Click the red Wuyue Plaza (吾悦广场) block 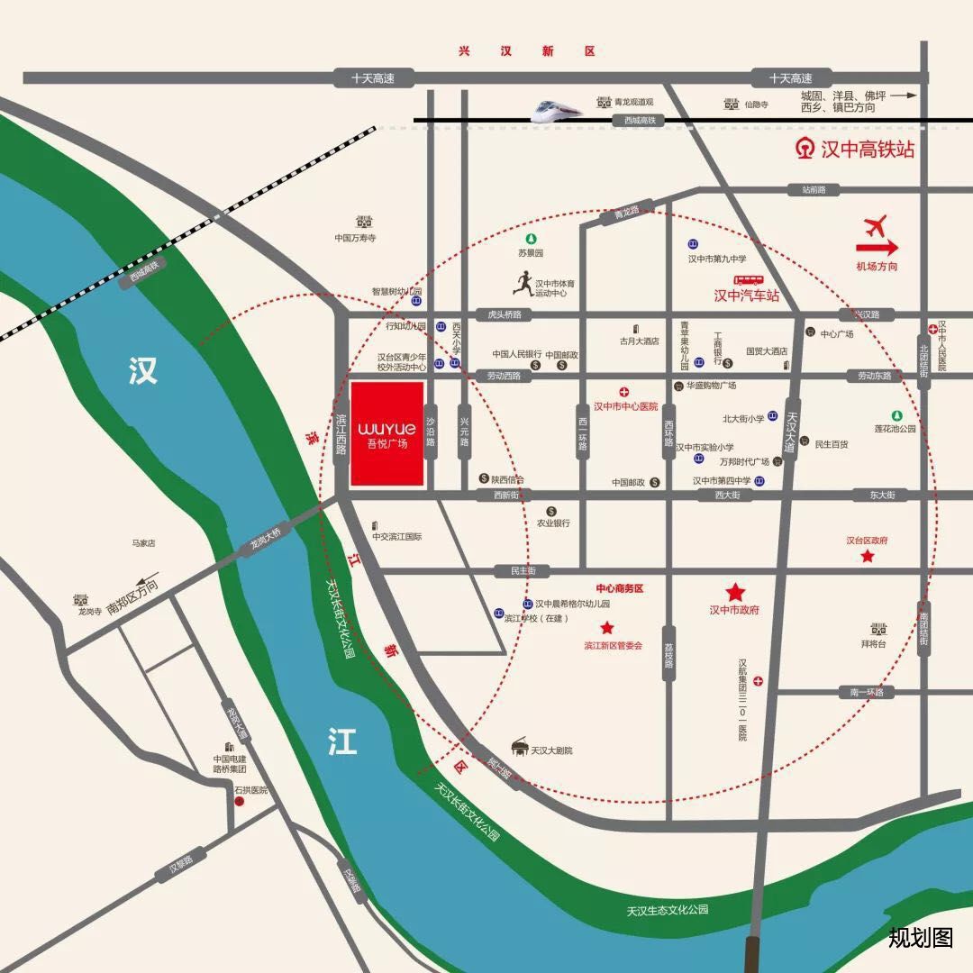tap(387, 433)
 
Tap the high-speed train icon tap(555, 110)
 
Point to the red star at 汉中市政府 tap(735, 592)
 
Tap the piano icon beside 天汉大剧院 tap(518, 747)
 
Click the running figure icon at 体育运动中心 tap(523, 284)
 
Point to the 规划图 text tap(920, 937)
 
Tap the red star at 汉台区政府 tap(868, 558)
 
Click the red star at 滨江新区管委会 tap(607, 628)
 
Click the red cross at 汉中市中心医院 tap(624, 392)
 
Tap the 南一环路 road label tap(866, 692)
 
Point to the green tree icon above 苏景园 tap(532, 239)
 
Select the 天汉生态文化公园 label tap(668, 910)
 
